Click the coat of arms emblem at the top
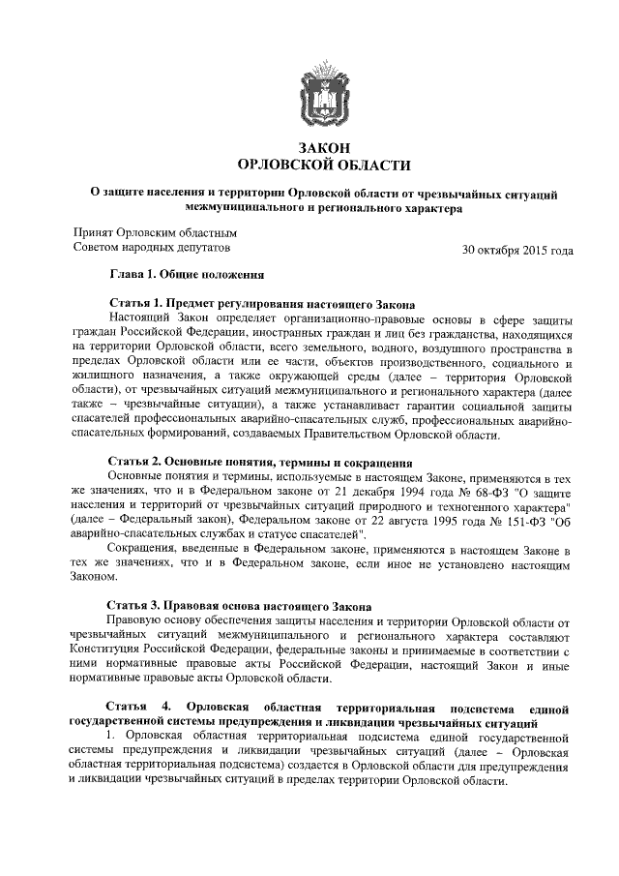pos(323,90)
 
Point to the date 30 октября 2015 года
pos(517,250)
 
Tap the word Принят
pos(93,232)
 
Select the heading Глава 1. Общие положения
pos(187,275)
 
